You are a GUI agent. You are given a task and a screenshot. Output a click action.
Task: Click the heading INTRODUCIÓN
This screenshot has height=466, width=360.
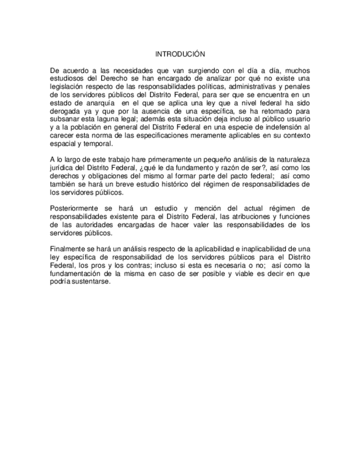click(x=180, y=54)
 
